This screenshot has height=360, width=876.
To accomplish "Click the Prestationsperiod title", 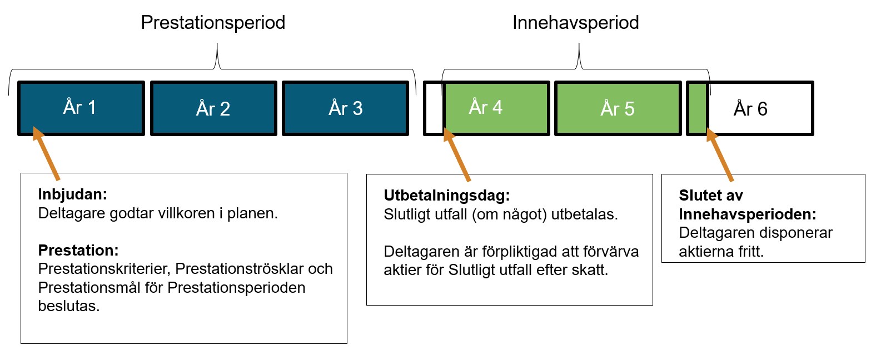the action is (213, 23).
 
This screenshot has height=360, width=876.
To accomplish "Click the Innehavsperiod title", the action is (576, 23).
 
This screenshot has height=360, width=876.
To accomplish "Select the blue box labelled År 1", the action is (81, 108).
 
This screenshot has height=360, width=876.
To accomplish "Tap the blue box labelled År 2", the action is (213, 108).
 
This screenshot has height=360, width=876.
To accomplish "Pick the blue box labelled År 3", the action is (345, 108).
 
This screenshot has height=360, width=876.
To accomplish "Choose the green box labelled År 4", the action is (496, 108).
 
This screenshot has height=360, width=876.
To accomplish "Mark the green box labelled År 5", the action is (618, 108).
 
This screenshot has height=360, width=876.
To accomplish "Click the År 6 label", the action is (750, 109).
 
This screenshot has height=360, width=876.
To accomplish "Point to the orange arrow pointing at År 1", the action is (46, 153).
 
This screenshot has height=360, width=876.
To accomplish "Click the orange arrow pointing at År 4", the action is (456, 155).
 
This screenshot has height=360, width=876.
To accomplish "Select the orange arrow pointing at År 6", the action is (720, 155).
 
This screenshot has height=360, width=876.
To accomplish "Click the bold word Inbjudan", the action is (72, 194).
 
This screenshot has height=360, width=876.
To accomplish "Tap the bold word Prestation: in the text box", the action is (78, 250).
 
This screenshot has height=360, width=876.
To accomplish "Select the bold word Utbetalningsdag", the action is (446, 196).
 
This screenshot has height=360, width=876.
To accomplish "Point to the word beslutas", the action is (69, 306).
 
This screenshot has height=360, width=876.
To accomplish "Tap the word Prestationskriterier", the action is (104, 268).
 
